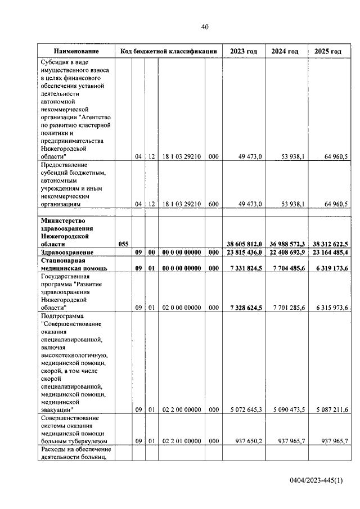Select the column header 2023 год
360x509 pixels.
click(244, 51)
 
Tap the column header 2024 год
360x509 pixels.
click(285, 51)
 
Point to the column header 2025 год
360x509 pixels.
click(328, 51)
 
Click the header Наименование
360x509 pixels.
click(76, 51)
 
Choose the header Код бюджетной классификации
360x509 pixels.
click(169, 51)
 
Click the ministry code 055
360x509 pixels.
click(124, 244)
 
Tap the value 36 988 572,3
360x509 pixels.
click(286, 244)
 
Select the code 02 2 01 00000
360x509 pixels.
click(181, 441)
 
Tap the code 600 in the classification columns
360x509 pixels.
click(213, 204)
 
